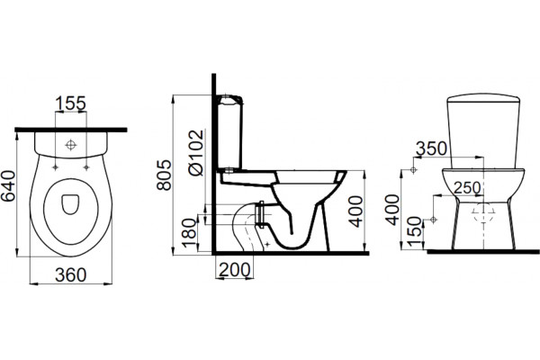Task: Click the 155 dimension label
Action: (x=70, y=103)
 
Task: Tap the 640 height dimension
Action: (x=8, y=186)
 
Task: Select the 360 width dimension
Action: (x=71, y=274)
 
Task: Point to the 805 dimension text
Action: (x=164, y=175)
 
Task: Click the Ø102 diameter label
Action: (x=196, y=153)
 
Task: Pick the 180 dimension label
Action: (x=189, y=233)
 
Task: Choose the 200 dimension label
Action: (x=234, y=270)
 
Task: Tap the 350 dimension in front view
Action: (x=431, y=148)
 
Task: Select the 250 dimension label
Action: (x=467, y=188)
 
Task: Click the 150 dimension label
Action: (x=415, y=232)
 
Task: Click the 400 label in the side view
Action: (x=355, y=211)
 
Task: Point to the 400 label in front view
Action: (x=392, y=210)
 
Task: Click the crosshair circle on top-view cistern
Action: (x=70, y=145)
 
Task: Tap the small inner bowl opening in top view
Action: (x=70, y=204)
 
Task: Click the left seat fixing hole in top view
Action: (x=55, y=167)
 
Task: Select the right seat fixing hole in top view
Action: (x=86, y=167)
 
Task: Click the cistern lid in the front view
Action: (x=483, y=98)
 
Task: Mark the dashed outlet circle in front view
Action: (x=483, y=212)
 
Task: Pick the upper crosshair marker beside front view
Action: (x=414, y=170)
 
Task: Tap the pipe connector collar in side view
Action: (x=260, y=214)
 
